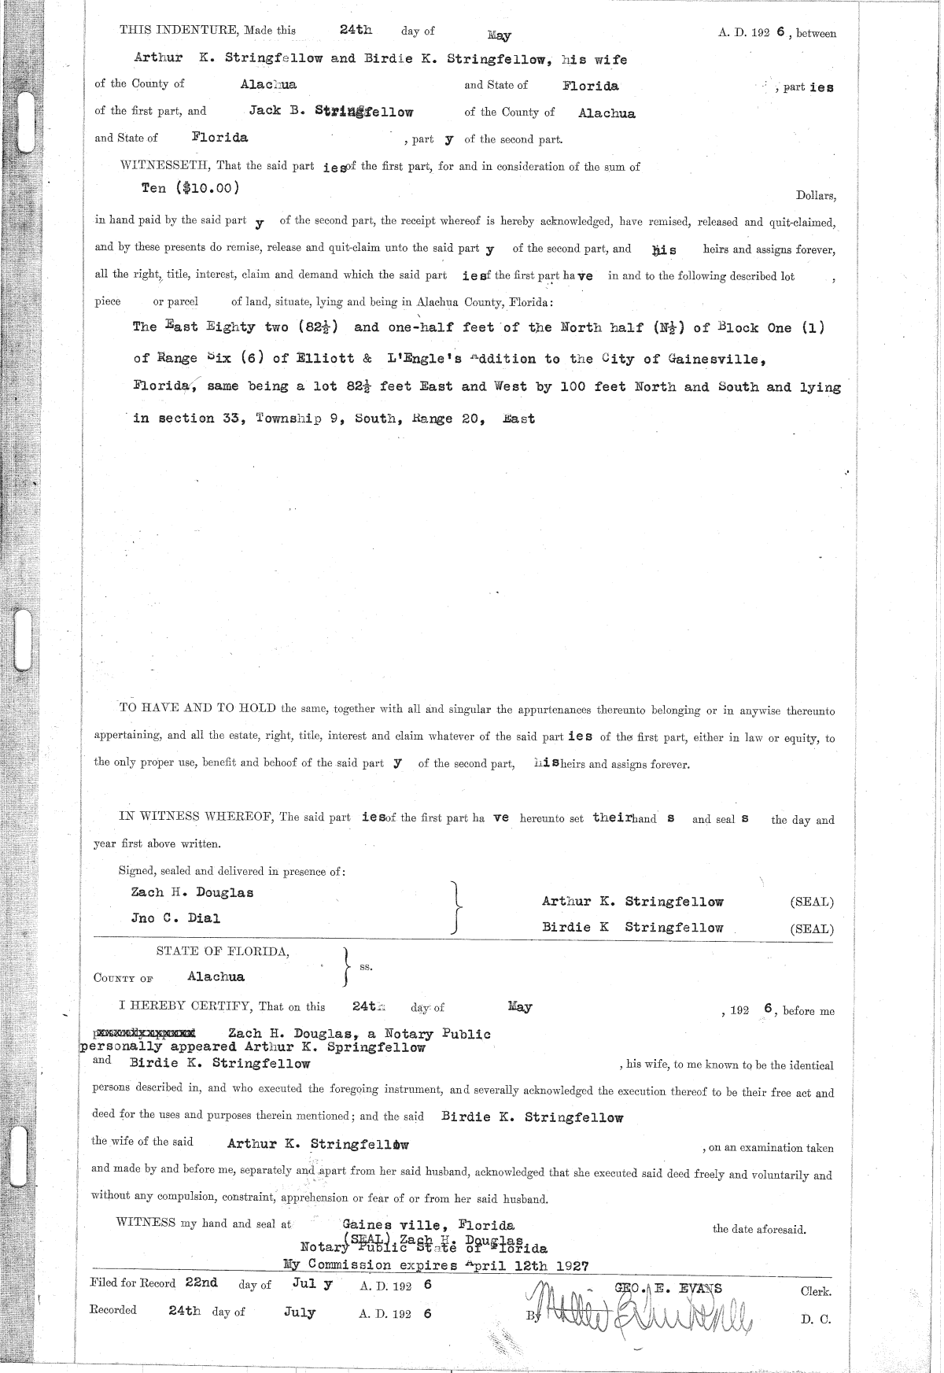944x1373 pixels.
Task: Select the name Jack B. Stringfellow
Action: pos(330,111)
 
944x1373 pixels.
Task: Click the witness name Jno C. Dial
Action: pos(175,917)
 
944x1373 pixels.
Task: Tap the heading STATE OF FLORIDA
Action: pos(223,950)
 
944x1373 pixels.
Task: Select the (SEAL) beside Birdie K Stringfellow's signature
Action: pos(811,928)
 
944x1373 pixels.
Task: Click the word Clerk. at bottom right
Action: pos(816,1290)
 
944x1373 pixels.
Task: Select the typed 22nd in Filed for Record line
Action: pos(201,1283)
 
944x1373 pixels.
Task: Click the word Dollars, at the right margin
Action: pos(816,196)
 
